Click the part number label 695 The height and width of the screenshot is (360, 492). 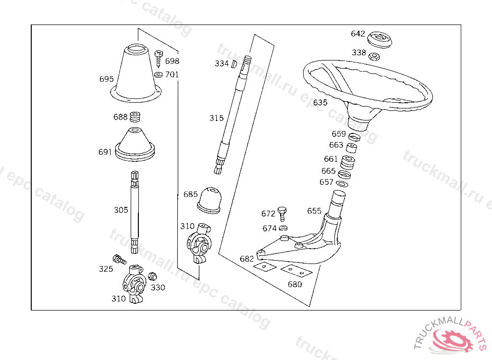pyautogui.click(x=107, y=79)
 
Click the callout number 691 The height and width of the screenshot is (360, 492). pyautogui.click(x=105, y=152)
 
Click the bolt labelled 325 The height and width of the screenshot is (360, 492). pyautogui.click(x=119, y=260)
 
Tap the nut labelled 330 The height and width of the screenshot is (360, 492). pyautogui.click(x=153, y=276)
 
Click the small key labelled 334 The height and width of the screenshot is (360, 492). pyautogui.click(x=234, y=63)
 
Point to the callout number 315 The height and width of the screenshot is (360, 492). pyautogui.click(x=216, y=118)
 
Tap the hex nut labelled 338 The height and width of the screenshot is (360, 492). pyautogui.click(x=373, y=56)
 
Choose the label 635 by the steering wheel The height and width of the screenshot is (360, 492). pyautogui.click(x=320, y=102)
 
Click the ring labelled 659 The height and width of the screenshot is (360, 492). pyautogui.click(x=354, y=138)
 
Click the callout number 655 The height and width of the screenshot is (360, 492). pyautogui.click(x=314, y=211)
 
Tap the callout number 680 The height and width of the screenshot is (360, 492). pyautogui.click(x=295, y=284)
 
